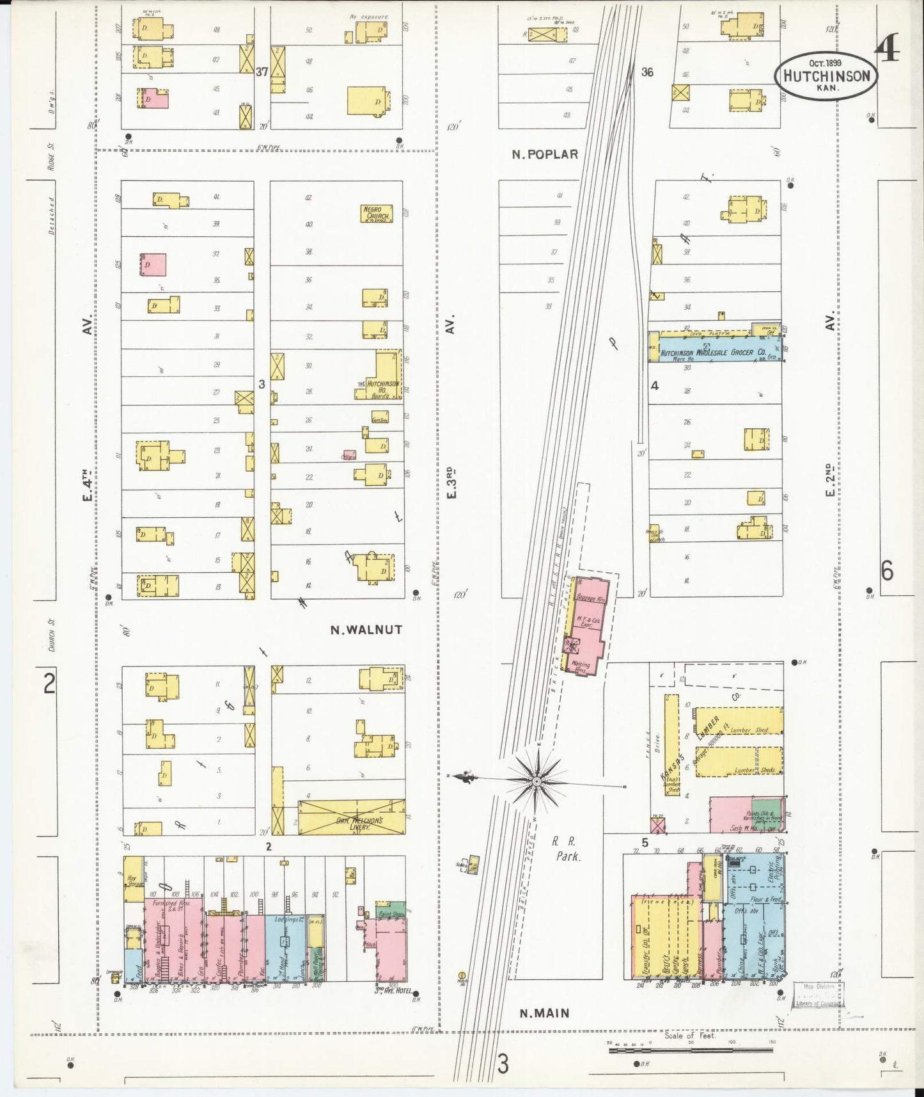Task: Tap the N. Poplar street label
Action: pos(545,154)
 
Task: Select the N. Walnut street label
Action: pos(366,630)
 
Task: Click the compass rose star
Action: pos(536,781)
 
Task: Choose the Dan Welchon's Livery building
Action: pos(352,817)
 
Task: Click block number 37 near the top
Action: pos(262,72)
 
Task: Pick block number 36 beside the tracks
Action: pos(647,72)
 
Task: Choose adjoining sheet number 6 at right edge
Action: pos(887,571)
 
